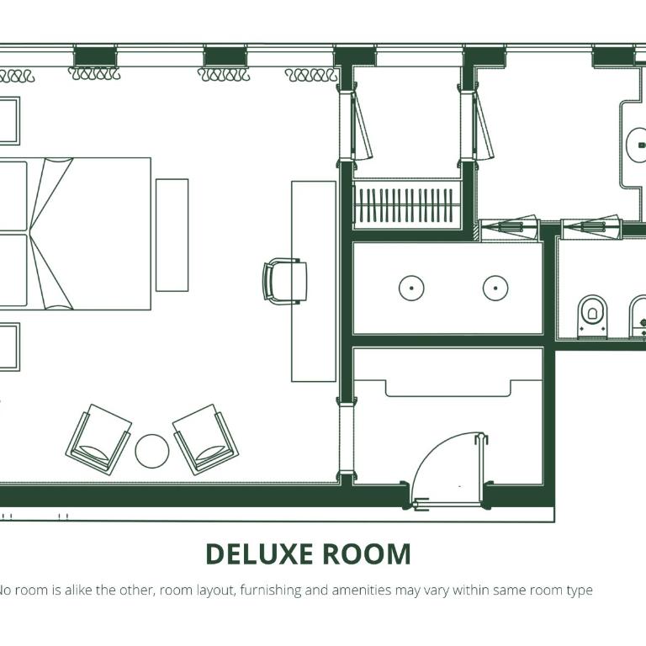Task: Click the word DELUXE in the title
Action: [259, 554]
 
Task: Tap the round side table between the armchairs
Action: [152, 451]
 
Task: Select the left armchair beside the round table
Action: [98, 439]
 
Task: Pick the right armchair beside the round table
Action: [205, 439]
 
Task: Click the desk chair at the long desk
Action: [284, 282]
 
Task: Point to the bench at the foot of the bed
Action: [172, 236]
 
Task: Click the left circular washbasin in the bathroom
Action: [411, 288]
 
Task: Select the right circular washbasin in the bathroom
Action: [495, 288]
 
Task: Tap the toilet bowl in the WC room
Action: [592, 316]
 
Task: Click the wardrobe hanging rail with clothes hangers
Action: [406, 204]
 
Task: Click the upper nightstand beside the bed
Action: [9, 121]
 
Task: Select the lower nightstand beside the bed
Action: [9, 347]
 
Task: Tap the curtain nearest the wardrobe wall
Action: [311, 75]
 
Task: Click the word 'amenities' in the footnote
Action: [362, 590]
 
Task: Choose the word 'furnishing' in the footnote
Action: [271, 590]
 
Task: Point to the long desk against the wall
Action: [314, 282]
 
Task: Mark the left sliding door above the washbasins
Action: [510, 227]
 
